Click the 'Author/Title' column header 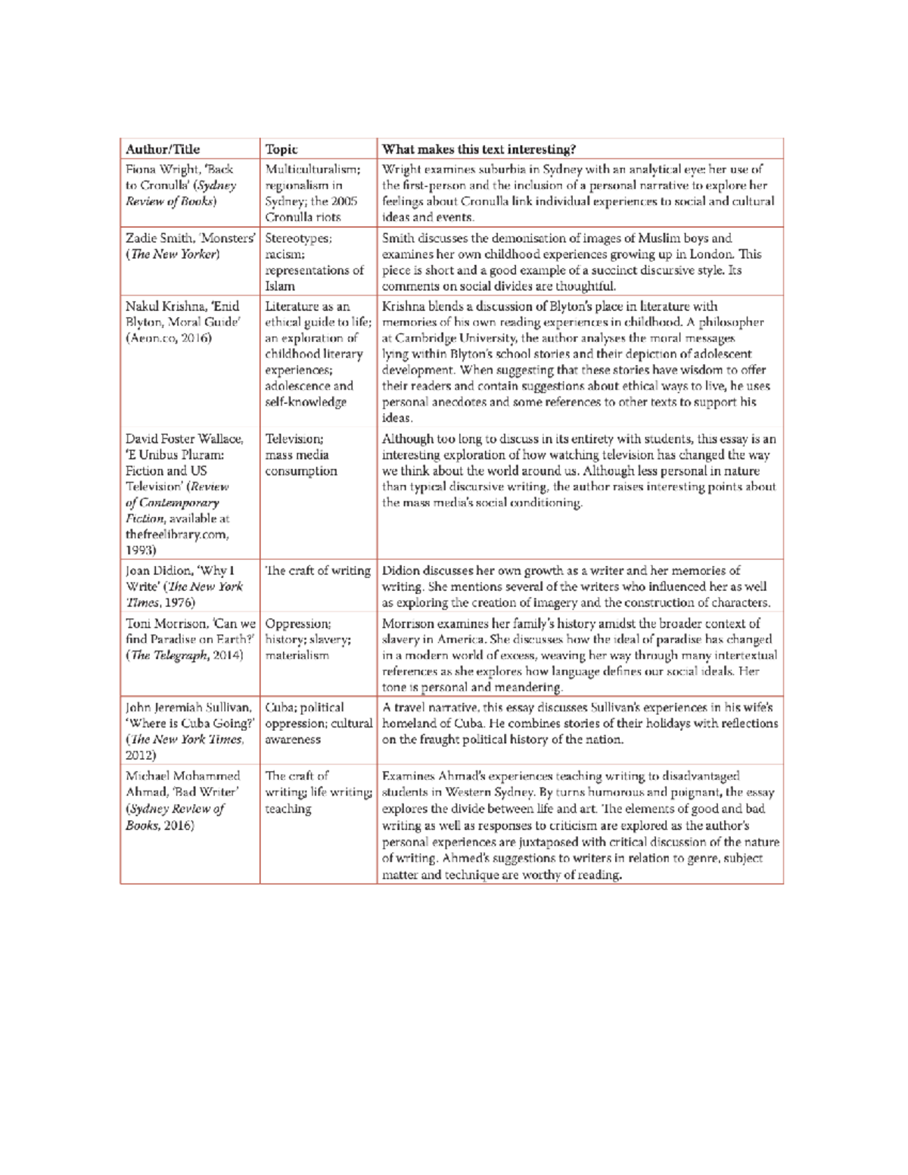(x=163, y=149)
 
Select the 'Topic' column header (x=281, y=149)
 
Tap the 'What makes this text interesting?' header (x=478, y=149)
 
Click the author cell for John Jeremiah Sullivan (x=188, y=731)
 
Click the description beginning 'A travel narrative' (x=579, y=723)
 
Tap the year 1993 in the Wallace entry (x=141, y=550)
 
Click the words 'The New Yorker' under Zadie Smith (x=175, y=254)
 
